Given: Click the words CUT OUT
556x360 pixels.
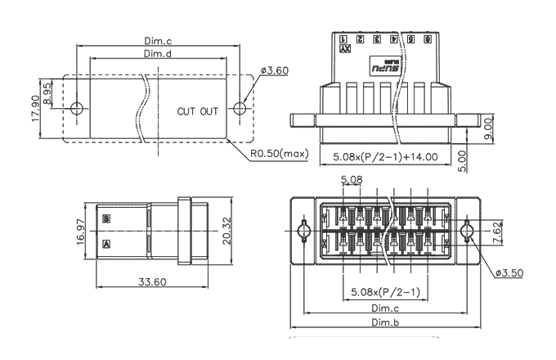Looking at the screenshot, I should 198,110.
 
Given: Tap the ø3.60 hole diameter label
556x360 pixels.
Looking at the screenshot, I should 275,71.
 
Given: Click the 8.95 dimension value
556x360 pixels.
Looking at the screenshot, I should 48,93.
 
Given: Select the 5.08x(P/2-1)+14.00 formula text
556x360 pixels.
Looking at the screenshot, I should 386,155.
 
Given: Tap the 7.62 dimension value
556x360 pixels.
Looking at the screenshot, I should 498,232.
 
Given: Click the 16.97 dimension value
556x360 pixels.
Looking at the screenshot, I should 79,232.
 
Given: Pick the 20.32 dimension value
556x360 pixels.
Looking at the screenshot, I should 226,232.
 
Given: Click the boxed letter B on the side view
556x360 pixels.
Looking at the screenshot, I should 107,219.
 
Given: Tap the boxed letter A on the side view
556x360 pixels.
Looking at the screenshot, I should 107,244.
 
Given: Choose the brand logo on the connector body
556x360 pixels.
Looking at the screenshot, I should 383,68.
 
